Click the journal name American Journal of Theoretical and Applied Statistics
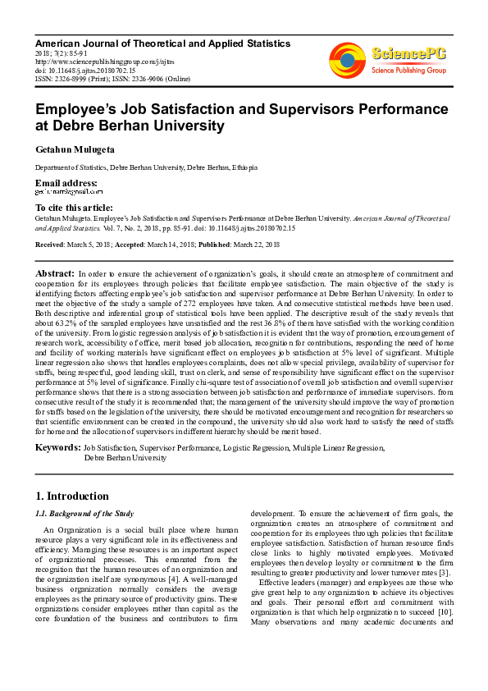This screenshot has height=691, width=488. coord(162,43)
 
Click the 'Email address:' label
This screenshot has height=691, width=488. coord(66,182)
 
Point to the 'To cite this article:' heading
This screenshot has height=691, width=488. coord(75,208)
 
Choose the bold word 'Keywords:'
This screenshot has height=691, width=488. coord(57,448)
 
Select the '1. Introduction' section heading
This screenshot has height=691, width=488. coord(73,497)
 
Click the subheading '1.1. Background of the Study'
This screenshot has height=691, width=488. coord(84,514)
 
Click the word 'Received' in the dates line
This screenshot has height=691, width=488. coord(50,245)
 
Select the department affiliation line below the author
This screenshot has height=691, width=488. coord(146,167)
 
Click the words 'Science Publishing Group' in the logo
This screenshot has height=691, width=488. coord(408,71)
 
